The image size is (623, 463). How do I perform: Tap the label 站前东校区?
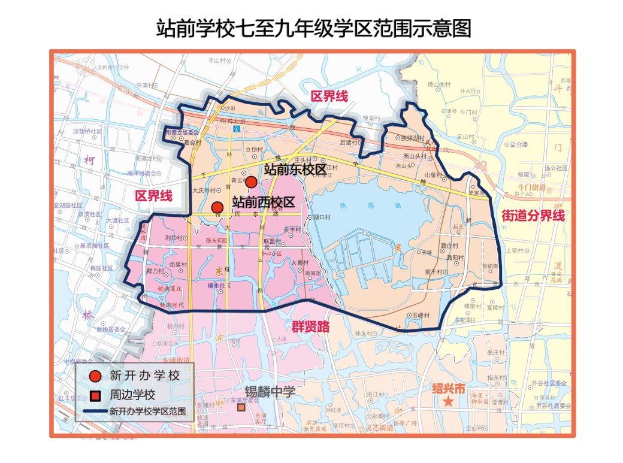click(295, 170)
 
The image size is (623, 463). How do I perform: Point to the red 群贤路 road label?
click(311, 326)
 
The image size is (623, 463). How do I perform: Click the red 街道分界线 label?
click(533, 216)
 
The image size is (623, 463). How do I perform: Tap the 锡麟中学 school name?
click(270, 392)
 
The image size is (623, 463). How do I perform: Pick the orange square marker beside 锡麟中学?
click(241, 407)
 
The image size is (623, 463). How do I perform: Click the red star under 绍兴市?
click(448, 402)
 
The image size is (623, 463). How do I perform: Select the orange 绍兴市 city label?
click(448, 388)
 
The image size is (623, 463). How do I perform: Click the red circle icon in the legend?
click(94, 376)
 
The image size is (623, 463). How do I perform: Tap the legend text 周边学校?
click(132, 395)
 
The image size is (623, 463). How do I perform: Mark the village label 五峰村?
click(422, 314)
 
